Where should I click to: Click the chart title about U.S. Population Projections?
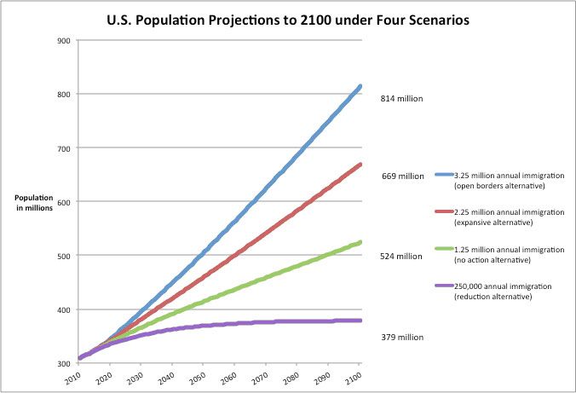[288, 19]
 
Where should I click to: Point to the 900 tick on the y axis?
[64, 40]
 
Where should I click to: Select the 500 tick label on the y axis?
[64, 256]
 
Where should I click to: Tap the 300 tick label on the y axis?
[64, 363]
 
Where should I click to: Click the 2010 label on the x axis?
[73, 377]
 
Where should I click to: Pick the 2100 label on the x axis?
[354, 377]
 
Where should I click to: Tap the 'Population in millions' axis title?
[34, 201]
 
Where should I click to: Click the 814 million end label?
[401, 99]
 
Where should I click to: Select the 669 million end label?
[403, 176]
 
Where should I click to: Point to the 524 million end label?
[401, 256]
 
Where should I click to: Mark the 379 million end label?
[401, 337]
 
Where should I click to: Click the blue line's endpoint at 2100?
[360, 86]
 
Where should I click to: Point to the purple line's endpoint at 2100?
[360, 321]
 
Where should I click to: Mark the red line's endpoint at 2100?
[360, 165]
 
